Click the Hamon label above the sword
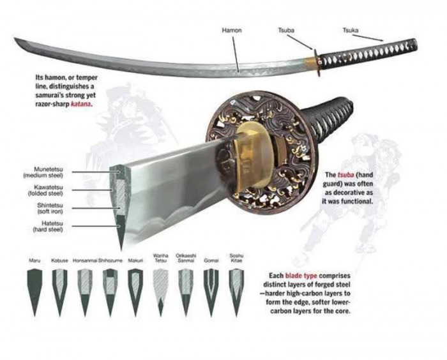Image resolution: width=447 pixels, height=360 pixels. [231, 30]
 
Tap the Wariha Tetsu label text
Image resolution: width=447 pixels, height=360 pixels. [161, 258]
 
